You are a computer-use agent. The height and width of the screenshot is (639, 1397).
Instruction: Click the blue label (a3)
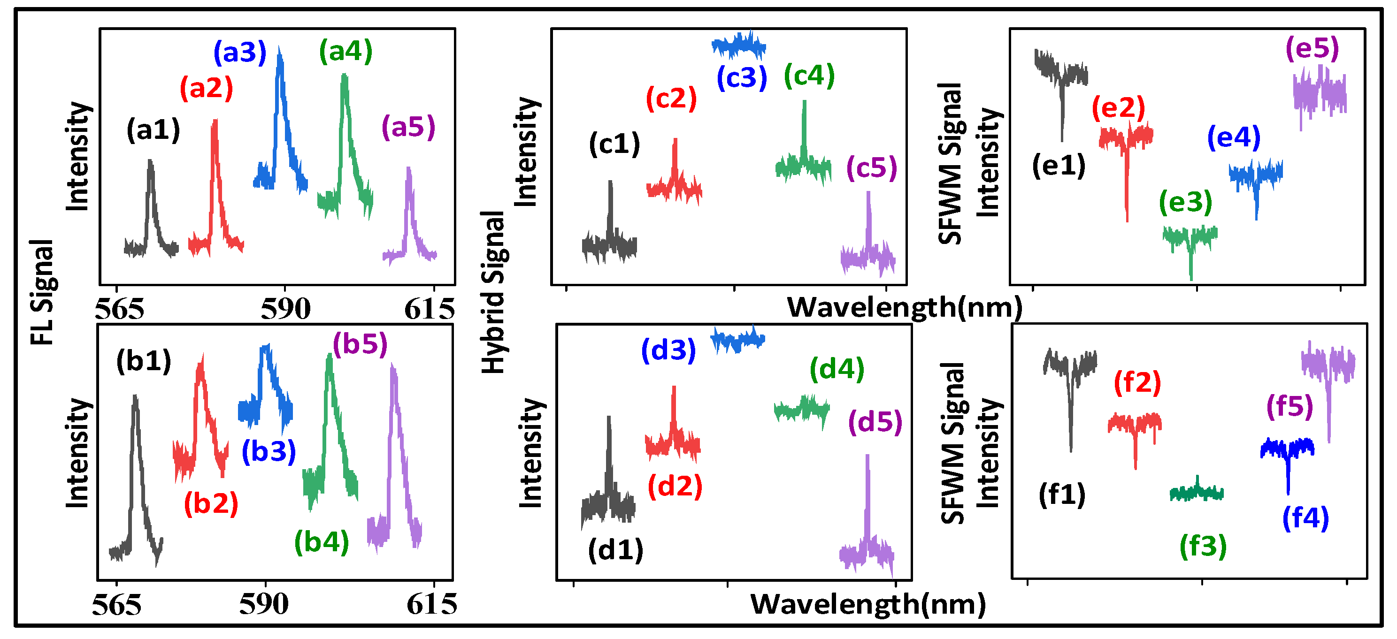click(x=240, y=53)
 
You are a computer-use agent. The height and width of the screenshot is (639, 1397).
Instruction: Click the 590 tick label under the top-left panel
click(x=285, y=310)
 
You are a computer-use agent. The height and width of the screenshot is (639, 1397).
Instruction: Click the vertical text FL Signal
click(x=42, y=293)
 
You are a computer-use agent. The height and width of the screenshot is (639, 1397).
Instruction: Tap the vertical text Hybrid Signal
click(x=493, y=293)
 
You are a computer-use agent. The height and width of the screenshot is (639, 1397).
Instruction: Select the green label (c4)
click(x=809, y=76)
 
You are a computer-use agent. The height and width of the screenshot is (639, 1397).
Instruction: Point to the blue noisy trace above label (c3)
click(x=738, y=46)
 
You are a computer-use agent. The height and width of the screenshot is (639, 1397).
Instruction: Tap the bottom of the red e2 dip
click(x=1127, y=219)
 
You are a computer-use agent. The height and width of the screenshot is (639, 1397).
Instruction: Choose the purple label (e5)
click(x=1313, y=48)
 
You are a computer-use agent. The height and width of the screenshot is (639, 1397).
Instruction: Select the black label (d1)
click(x=615, y=550)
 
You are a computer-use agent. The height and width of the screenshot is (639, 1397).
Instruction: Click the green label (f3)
click(x=1203, y=546)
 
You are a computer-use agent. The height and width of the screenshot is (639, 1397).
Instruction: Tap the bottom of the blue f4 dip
click(x=1288, y=492)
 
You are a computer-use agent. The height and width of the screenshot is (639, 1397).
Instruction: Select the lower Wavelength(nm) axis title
click(x=867, y=604)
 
